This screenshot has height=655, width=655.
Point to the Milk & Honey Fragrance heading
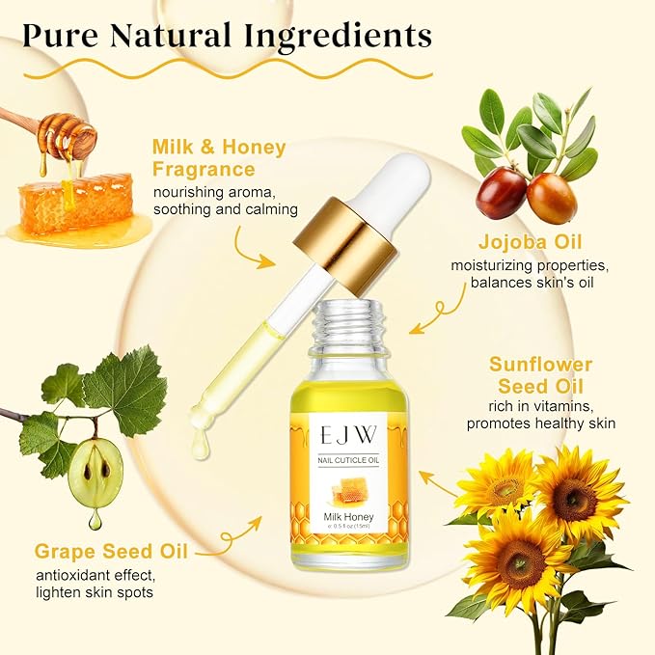click(219, 158)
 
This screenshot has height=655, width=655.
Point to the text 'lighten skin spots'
click(94, 591)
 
